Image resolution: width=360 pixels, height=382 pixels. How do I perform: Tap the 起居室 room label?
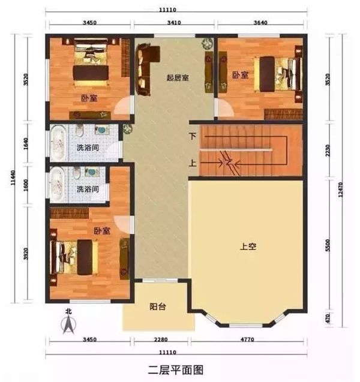click(178, 79)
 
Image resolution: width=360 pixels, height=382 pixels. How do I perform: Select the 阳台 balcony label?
click(158, 307)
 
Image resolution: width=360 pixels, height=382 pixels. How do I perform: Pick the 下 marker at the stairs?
click(192, 137)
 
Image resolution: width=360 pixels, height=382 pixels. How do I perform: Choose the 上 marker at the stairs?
click(192, 163)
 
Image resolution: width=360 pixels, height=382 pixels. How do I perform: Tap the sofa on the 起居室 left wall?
click(145, 71)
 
